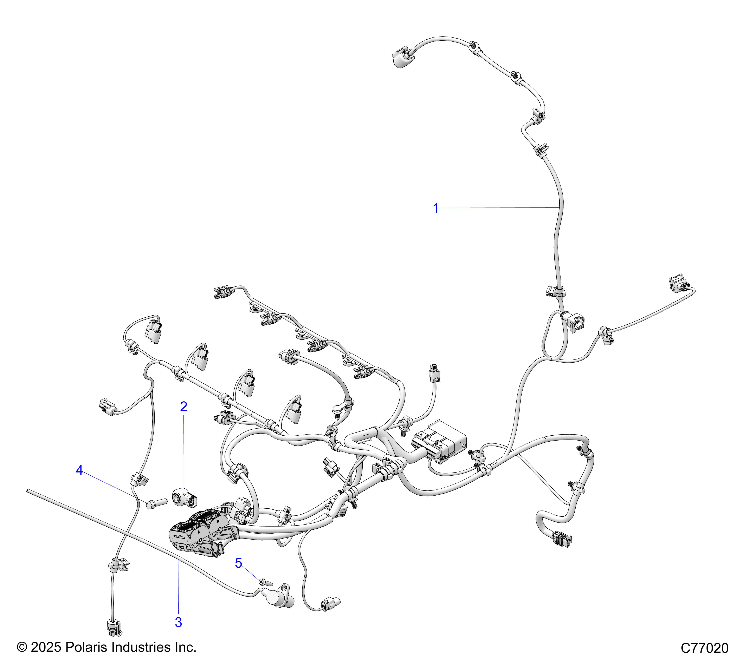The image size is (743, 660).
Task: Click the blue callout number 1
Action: point(436,208)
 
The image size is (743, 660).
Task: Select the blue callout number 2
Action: point(183,407)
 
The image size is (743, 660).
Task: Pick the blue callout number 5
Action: point(238,563)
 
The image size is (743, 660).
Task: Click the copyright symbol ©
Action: point(22,647)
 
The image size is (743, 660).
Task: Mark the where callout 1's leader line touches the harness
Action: point(559,207)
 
